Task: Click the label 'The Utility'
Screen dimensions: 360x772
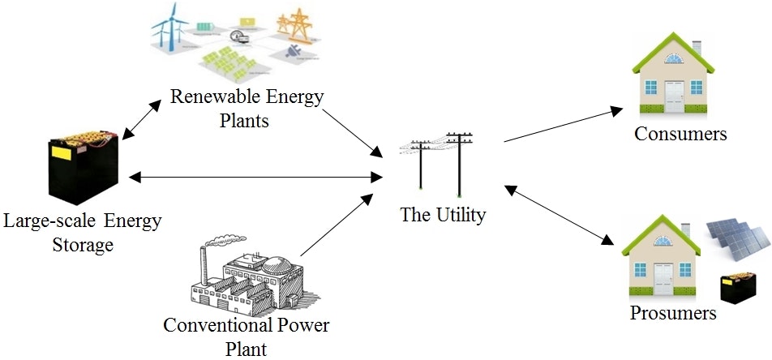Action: pyautogui.click(x=443, y=215)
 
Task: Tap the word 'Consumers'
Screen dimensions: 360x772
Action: pyautogui.click(x=680, y=134)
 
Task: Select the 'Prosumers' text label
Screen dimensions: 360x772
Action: pyautogui.click(x=673, y=312)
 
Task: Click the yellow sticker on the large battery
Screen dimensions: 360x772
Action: pyautogui.click(x=61, y=151)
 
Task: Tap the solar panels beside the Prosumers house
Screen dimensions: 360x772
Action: pyautogui.click(x=736, y=244)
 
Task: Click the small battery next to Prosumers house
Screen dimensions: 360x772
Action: pyautogui.click(x=740, y=288)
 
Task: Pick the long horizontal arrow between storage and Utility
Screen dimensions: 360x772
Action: pyautogui.click(x=255, y=175)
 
